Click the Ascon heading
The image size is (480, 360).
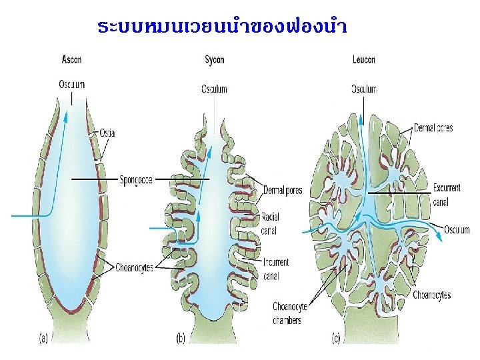pos(71,59)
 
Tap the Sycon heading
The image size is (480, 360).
pos(214,60)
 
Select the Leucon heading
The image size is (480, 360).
pos(363,60)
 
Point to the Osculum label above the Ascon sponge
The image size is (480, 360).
pos(71,85)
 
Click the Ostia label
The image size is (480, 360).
pos(107,133)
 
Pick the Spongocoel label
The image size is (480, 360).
pos(136,179)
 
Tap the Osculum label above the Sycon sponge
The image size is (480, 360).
pos(214,89)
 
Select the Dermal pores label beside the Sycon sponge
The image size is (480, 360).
pos(283,191)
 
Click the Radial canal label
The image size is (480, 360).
pos(271,223)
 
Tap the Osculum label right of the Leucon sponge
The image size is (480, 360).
pos(457,230)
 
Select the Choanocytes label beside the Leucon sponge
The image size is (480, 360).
pos(431,295)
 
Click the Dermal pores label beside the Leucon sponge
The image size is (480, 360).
pos(433,128)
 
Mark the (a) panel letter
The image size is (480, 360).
pos(43,339)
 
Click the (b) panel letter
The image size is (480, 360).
pos(181,339)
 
